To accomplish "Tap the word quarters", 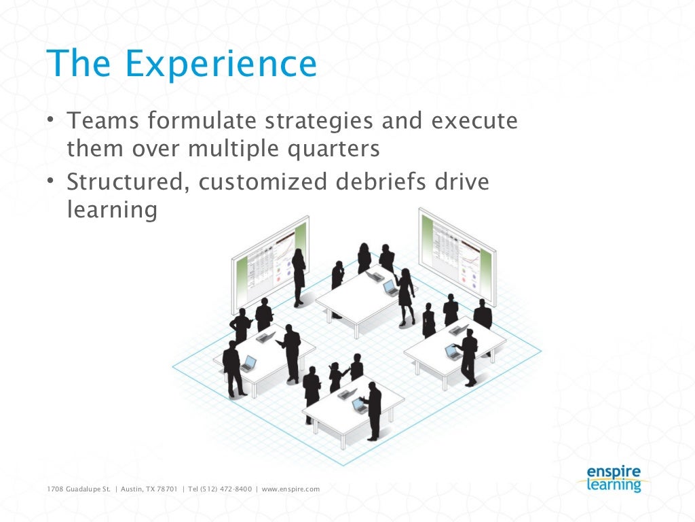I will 332,149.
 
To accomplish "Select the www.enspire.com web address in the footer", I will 290,489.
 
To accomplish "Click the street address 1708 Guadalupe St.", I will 77,489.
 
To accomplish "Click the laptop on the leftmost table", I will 248,362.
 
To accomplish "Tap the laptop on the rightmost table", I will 451,351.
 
